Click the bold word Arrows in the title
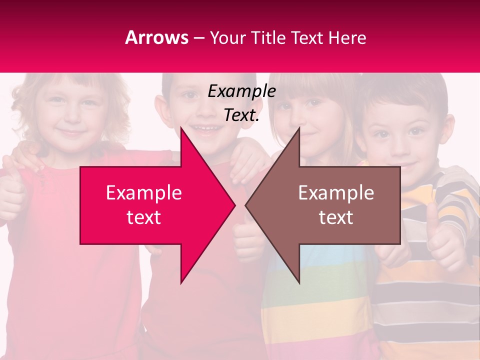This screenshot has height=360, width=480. tap(157, 37)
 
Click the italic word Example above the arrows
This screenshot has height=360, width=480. tap(241, 91)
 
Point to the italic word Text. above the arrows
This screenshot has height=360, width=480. tap(241, 115)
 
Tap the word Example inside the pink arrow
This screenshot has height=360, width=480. tap(144, 193)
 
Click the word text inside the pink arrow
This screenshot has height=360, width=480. tap(144, 217)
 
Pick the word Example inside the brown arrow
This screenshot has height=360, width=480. tap(336, 193)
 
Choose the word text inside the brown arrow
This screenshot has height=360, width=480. tap(336, 217)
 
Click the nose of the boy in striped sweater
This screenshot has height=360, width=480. tap(400, 145)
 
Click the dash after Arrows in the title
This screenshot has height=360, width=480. tap(198, 38)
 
